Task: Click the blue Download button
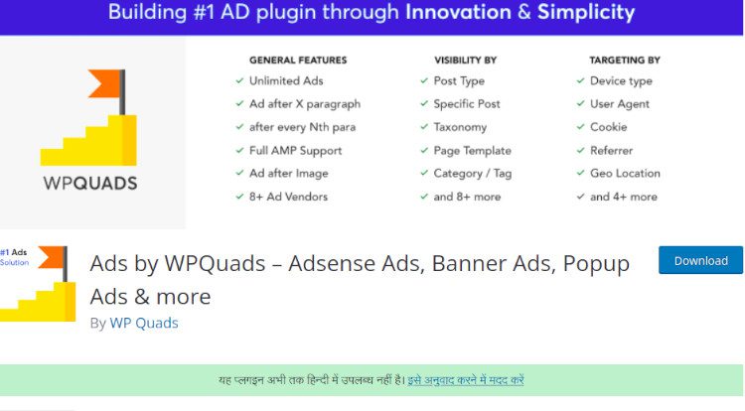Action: (x=700, y=260)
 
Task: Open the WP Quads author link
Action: (x=144, y=323)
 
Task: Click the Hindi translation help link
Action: (x=466, y=380)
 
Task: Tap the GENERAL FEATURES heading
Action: (x=298, y=61)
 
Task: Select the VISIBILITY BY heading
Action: (x=465, y=61)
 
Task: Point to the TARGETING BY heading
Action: (x=625, y=61)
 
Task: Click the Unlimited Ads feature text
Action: (x=286, y=80)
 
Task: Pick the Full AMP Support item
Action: (x=296, y=151)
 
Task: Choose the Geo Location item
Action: (x=625, y=173)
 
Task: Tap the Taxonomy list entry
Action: (x=460, y=127)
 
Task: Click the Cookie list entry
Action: (x=608, y=127)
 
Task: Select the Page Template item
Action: (x=472, y=151)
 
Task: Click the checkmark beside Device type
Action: (x=580, y=80)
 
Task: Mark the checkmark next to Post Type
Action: (x=424, y=80)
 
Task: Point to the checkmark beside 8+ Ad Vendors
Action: (x=239, y=197)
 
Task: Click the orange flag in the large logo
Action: (x=103, y=83)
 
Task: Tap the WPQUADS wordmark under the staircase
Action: (x=90, y=184)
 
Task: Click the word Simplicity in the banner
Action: (x=586, y=12)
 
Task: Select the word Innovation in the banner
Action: (x=458, y=12)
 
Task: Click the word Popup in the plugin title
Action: (x=596, y=264)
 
